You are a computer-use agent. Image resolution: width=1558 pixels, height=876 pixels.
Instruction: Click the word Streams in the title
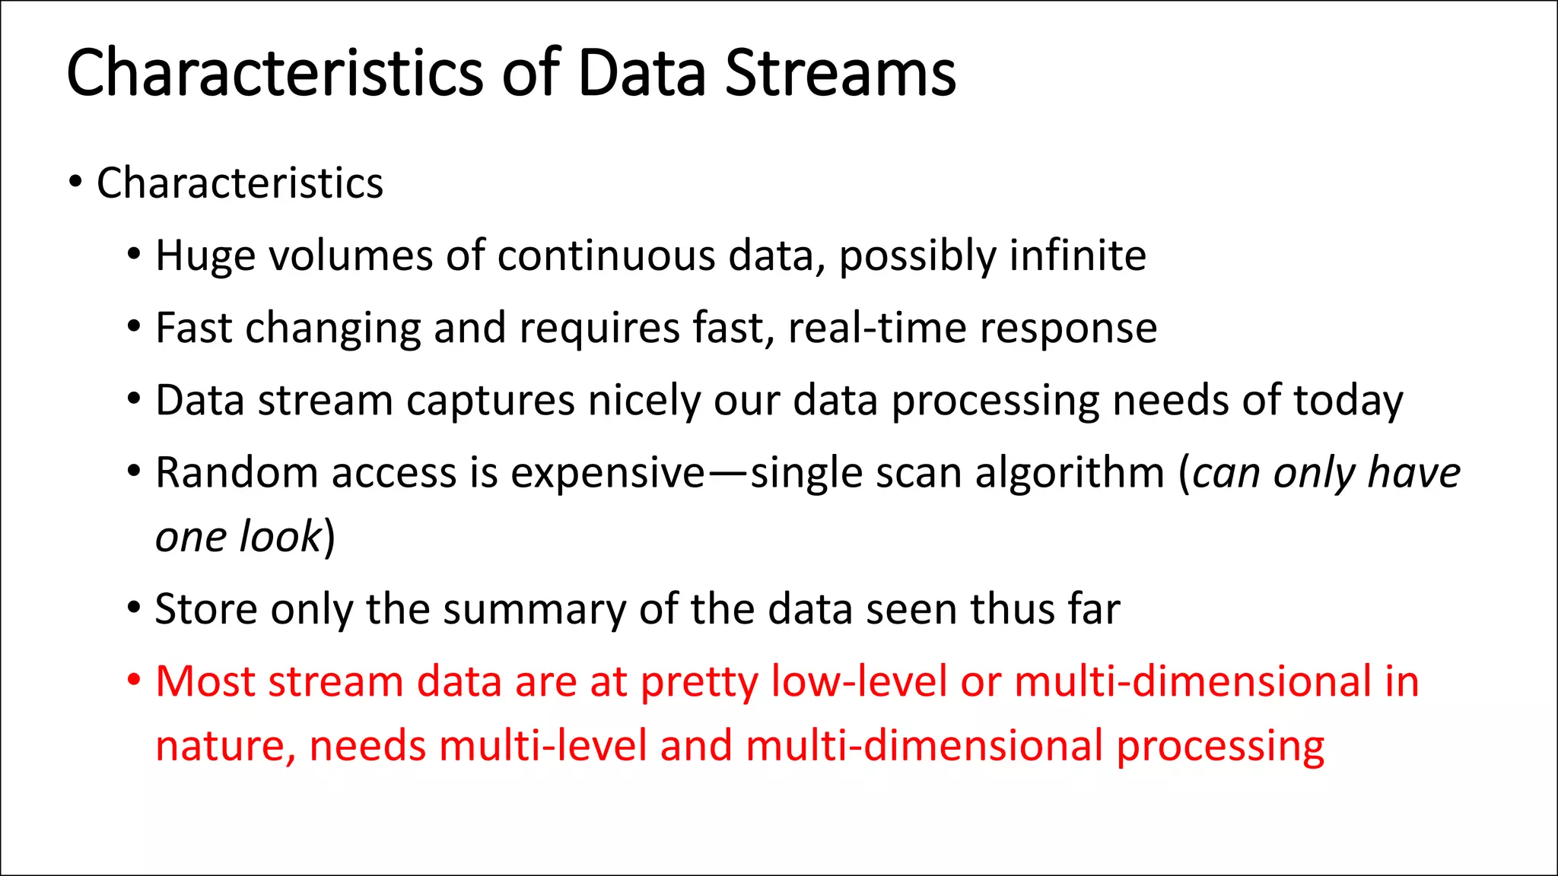tap(840, 74)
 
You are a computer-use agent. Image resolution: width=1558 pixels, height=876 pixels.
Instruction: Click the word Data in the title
tap(641, 74)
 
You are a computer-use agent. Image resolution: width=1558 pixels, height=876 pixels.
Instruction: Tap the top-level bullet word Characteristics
tap(240, 183)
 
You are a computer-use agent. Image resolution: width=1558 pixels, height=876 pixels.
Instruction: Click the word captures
tap(490, 401)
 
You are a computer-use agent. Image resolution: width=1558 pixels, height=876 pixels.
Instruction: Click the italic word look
tap(281, 537)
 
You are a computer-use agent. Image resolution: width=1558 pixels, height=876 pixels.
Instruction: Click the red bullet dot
tap(134, 680)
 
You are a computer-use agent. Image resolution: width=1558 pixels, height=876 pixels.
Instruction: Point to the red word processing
tap(1220, 747)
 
